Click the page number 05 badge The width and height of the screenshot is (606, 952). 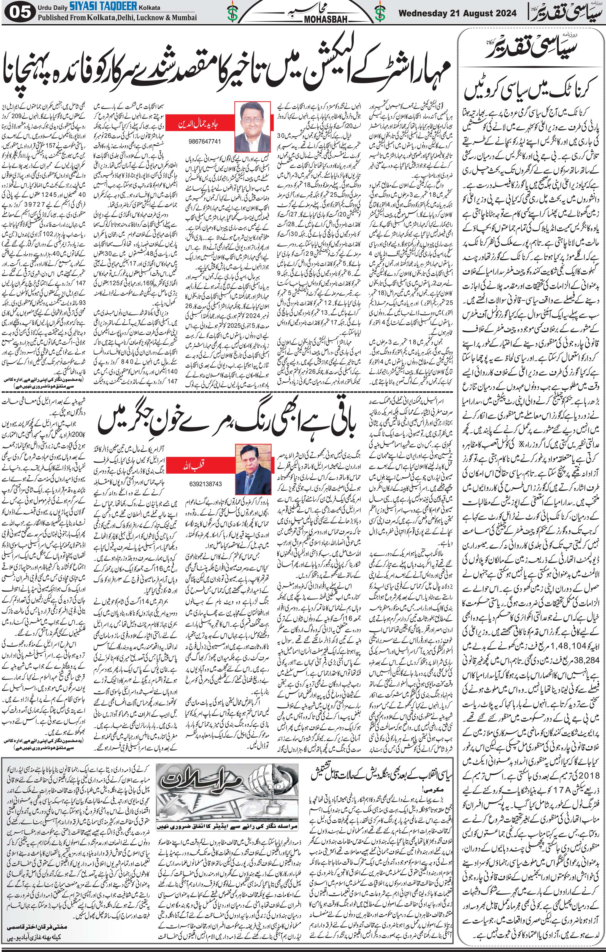coord(19,13)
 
